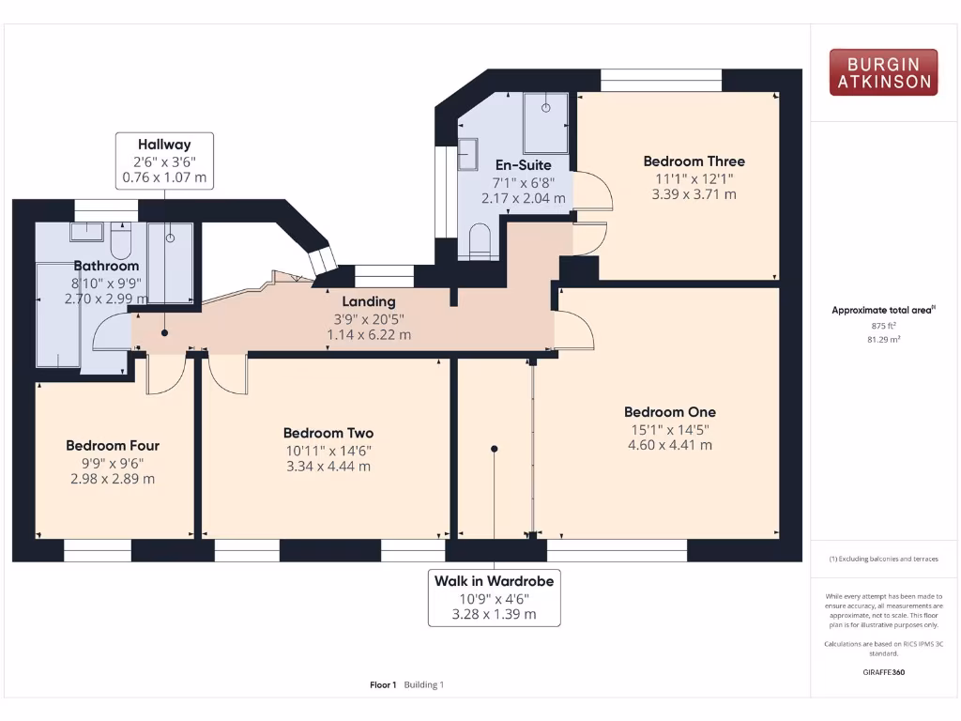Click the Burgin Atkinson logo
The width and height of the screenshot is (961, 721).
[x=883, y=73]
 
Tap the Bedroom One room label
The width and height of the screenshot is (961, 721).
[x=669, y=412]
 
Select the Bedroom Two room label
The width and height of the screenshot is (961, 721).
[x=328, y=433]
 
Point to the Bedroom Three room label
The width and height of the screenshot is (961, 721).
[x=694, y=161]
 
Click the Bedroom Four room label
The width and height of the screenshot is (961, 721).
[x=113, y=445]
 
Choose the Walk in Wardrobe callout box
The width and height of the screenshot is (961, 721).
[x=494, y=597]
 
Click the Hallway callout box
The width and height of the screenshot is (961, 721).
[x=164, y=161]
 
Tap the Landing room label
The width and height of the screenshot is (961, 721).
[x=368, y=301]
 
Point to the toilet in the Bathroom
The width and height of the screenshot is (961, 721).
[x=121, y=243]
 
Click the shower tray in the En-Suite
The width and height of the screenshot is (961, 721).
[x=545, y=122]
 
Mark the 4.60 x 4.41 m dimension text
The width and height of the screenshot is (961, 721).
[x=669, y=445]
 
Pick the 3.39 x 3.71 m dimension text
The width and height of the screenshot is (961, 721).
[x=694, y=194]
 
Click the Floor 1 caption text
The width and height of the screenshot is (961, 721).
[x=383, y=684]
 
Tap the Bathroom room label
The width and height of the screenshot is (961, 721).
[x=106, y=266]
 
